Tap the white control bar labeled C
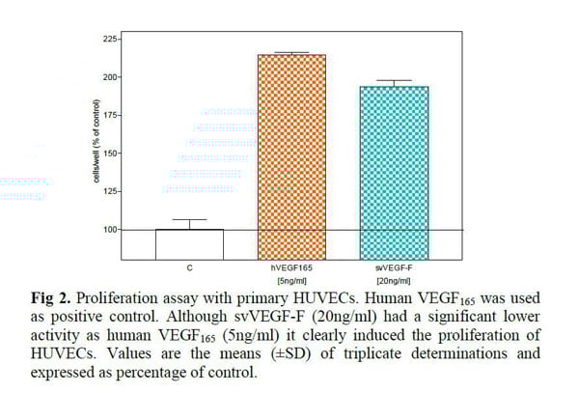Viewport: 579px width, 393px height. pyautogui.click(x=188, y=243)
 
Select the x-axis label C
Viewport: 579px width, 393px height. pyautogui.click(x=188, y=265)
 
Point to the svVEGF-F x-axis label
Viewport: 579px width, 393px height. pyautogui.click(x=393, y=265)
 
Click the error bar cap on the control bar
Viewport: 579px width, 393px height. pyautogui.click(x=188, y=220)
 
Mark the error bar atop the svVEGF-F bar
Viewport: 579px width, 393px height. pyautogui.click(x=393, y=81)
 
